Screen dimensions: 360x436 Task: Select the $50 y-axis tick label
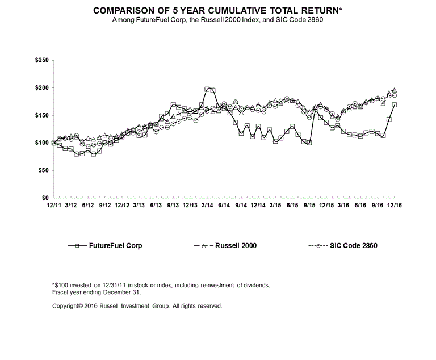coord(41,170)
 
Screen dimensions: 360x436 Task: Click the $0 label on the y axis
coord(44,198)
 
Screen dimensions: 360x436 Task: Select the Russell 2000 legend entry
coord(215,246)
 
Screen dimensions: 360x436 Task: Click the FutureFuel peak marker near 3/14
coord(207,89)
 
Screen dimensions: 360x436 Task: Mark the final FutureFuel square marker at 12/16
coord(395,105)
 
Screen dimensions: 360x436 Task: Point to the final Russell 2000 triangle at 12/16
coord(395,90)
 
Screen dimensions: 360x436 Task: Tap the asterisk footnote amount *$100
coord(61,284)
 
